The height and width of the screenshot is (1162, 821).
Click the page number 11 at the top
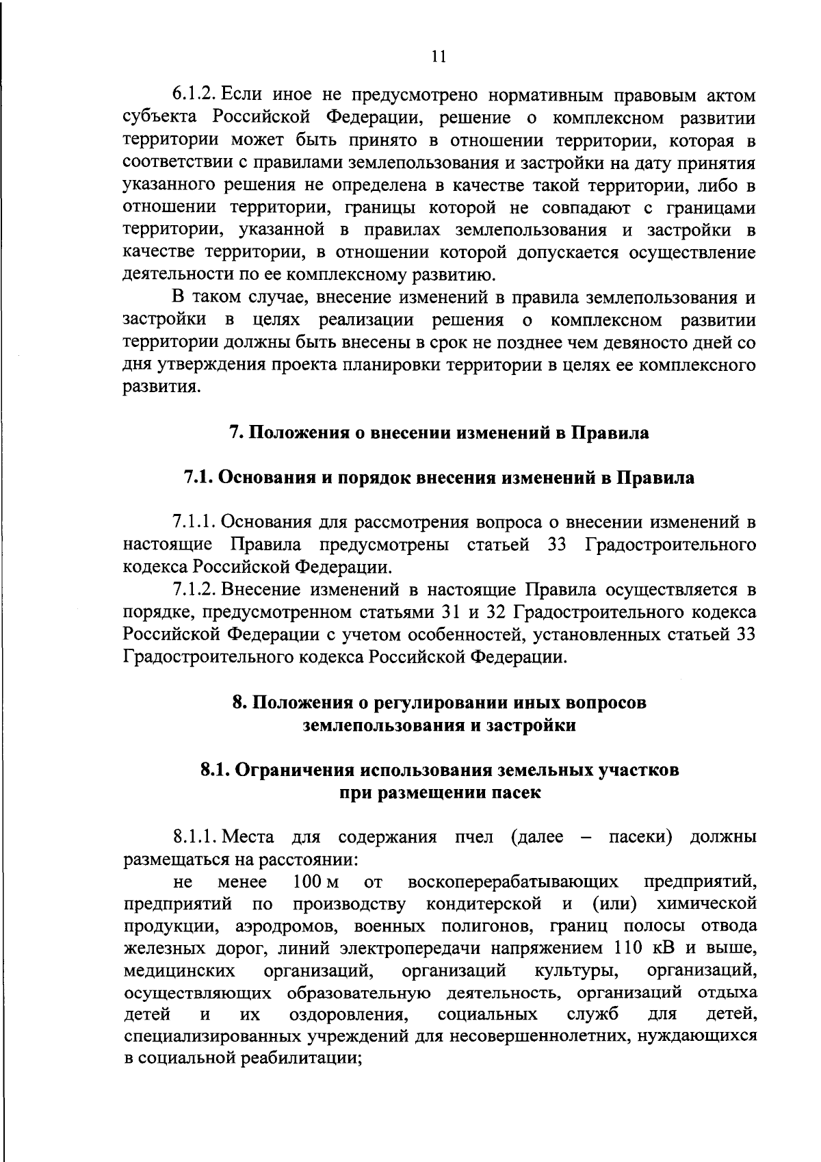(x=439, y=57)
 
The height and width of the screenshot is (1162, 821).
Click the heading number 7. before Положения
(x=235, y=433)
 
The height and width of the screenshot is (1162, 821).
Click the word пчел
(x=473, y=838)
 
